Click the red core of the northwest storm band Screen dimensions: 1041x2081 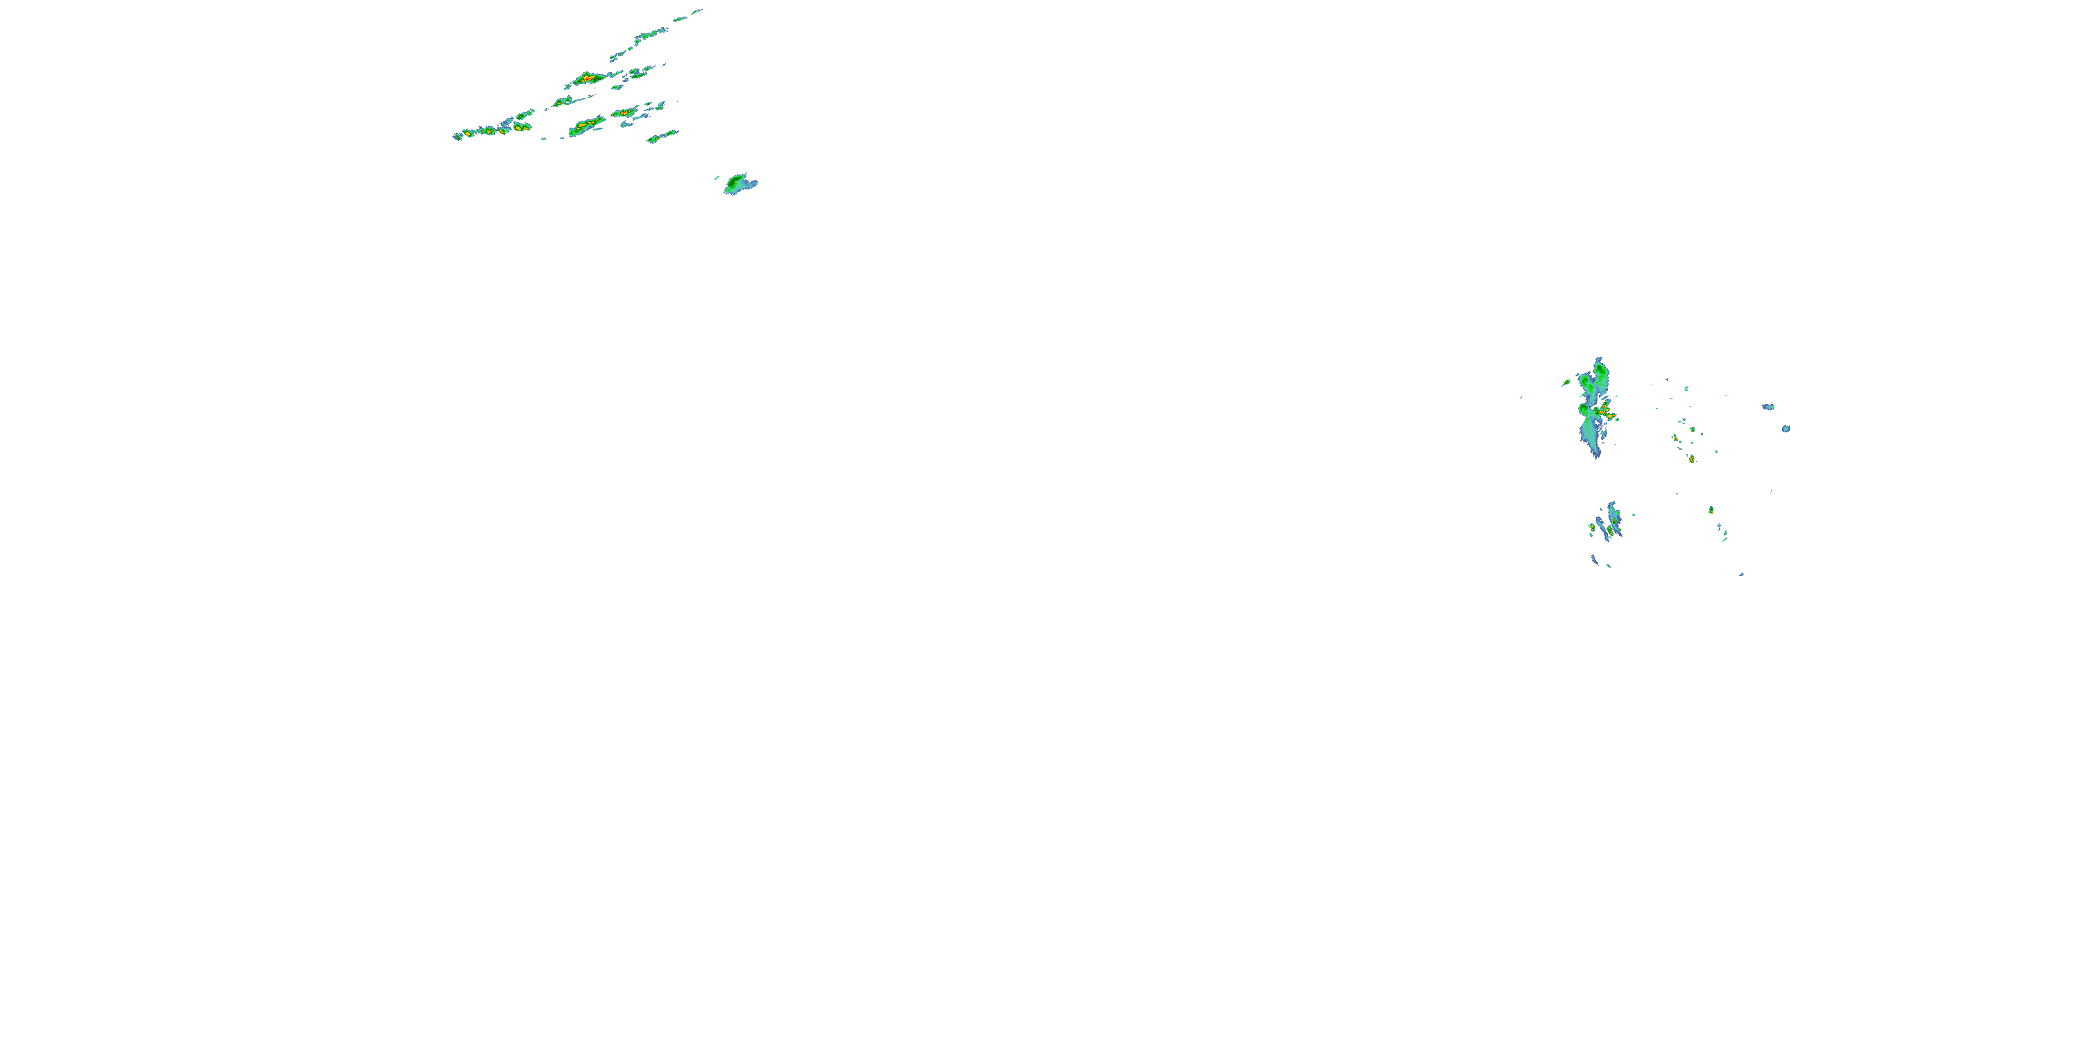[x=589, y=78]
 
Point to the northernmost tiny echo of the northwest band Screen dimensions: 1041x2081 [x=696, y=10]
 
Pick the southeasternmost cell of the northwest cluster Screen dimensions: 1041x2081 [x=662, y=136]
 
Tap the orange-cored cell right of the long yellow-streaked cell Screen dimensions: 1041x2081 [x=624, y=112]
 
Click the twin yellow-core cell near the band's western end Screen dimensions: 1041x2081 [x=522, y=126]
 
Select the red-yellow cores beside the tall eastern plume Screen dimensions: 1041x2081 [x=1606, y=414]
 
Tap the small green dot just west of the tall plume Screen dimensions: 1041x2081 [x=1566, y=382]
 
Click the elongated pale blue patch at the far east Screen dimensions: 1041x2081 [x=1768, y=407]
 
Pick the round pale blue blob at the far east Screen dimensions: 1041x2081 [x=1786, y=428]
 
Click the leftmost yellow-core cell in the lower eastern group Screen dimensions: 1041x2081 [x=1592, y=527]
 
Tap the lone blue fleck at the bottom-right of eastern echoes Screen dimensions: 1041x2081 [x=1741, y=575]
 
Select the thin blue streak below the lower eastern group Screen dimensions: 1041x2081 [x=1595, y=559]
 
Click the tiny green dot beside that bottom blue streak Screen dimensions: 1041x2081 [x=1609, y=566]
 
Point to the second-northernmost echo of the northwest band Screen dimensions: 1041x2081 [x=679, y=18]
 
